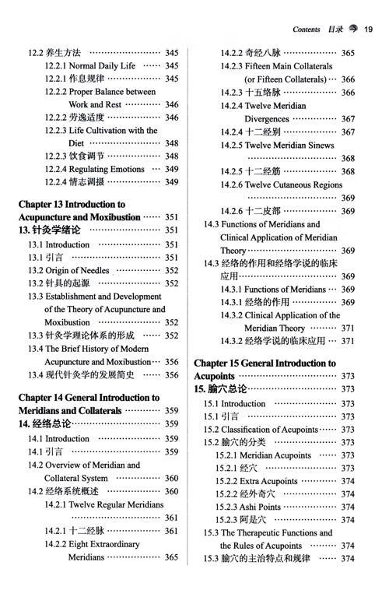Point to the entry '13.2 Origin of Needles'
click(x=68, y=270)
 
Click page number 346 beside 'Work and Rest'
click(x=171, y=104)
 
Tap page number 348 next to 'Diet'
click(x=171, y=143)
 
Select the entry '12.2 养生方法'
click(x=54, y=53)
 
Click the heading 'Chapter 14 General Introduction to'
click(x=89, y=397)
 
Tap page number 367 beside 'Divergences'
click(x=348, y=119)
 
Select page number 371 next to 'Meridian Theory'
click(x=348, y=328)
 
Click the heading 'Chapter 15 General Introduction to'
click(x=265, y=363)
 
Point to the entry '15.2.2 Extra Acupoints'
click(x=256, y=481)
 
